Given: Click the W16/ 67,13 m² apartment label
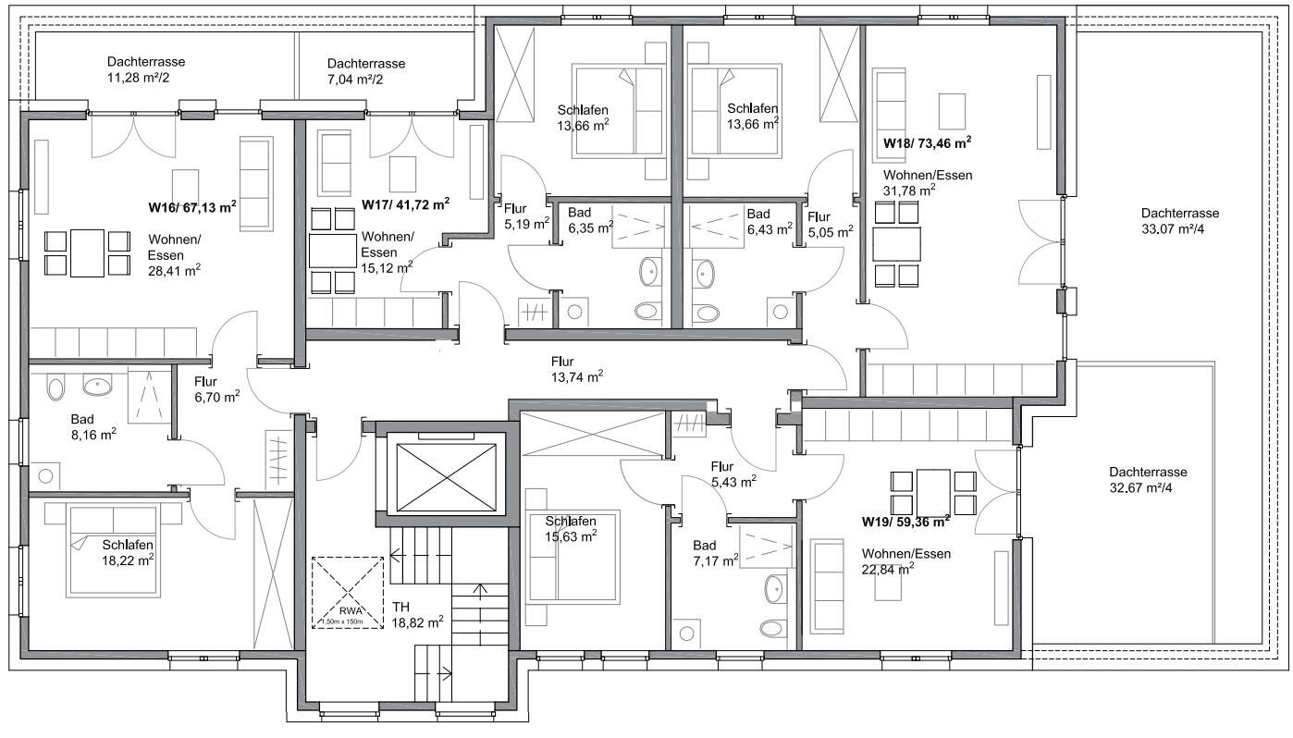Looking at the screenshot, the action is pos(192,207).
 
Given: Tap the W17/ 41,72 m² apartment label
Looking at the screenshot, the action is pos(405,204).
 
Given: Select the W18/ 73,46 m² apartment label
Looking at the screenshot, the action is pos(927,143).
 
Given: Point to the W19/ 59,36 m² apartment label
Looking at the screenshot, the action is pos(906,522).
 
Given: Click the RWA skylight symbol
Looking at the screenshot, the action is pos(348,592).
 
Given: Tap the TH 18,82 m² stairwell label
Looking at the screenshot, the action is pos(418,614).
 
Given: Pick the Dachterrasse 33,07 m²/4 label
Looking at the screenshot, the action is pos(1180,221).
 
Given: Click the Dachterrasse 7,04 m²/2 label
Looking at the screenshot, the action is pos(366,71).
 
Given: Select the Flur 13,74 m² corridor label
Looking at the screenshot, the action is pos(576,369).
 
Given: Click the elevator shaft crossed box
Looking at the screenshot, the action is pos(446,477).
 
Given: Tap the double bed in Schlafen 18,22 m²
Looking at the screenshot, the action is pos(113,551).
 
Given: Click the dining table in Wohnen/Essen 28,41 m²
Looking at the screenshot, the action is pos(87,253).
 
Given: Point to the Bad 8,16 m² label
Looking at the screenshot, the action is pos(93,427).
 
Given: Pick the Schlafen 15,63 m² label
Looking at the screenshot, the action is pos(571,529).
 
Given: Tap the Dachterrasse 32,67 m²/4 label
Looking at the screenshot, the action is pos(1148,480).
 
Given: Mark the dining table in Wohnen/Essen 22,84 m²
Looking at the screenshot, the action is pos(933,493).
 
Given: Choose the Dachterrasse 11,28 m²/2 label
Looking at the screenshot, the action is pos(146,69).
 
